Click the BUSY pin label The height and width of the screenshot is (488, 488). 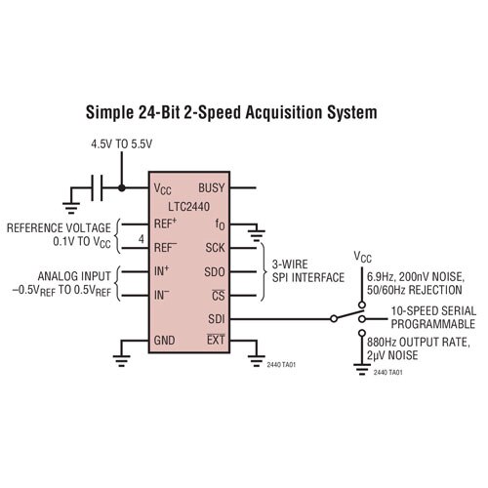(x=212, y=187)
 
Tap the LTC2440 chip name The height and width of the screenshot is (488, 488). (x=189, y=207)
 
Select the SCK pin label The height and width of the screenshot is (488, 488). (x=215, y=248)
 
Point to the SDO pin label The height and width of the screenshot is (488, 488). (x=215, y=272)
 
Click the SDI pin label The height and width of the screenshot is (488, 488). (x=217, y=319)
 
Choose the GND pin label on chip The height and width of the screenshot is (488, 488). (x=164, y=341)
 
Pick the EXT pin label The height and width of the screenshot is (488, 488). (x=216, y=340)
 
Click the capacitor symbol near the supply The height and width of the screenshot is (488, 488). (x=97, y=187)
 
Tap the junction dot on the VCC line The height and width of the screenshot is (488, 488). (x=122, y=187)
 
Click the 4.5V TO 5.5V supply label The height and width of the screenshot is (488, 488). (x=122, y=144)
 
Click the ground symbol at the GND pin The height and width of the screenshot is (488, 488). (x=121, y=360)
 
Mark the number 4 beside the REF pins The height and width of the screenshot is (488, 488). (x=142, y=239)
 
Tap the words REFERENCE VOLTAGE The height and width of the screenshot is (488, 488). (x=59, y=228)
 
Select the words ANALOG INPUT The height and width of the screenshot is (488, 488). (x=74, y=276)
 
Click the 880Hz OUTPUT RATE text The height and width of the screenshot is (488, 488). (x=419, y=343)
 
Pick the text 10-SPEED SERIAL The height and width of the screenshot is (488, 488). (x=433, y=311)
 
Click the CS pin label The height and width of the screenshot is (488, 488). (x=219, y=295)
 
